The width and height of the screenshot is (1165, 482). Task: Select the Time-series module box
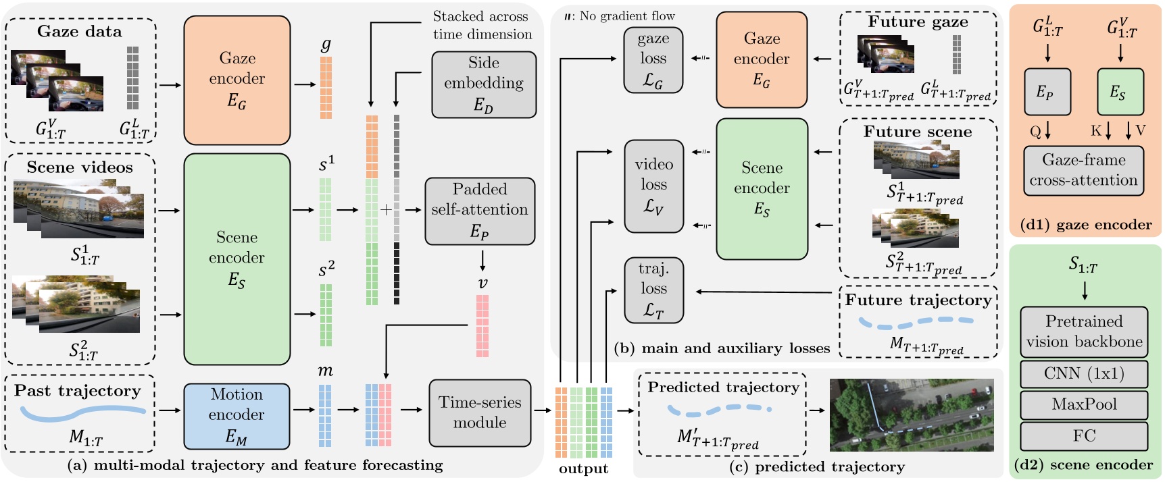tap(480, 412)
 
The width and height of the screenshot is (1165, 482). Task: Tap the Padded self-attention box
tap(480, 211)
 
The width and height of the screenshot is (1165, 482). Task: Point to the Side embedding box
tap(484, 84)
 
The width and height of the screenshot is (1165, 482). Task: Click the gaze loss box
tap(653, 59)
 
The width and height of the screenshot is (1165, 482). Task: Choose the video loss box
tap(653, 186)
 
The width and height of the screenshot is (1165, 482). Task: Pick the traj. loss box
tap(653, 290)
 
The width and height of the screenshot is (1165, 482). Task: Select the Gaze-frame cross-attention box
tap(1083, 171)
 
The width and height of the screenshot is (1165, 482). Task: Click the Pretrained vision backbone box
tap(1084, 331)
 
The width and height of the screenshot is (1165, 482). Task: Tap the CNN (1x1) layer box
tap(1084, 373)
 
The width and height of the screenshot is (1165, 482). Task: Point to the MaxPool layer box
tap(1084, 404)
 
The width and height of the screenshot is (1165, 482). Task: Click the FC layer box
tap(1084, 436)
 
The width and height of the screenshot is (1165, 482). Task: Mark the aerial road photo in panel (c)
tap(912, 414)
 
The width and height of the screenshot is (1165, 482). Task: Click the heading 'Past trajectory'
tap(78, 391)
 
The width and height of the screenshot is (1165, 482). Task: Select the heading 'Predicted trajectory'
tap(723, 387)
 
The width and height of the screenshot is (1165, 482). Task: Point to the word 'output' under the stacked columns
tap(583, 468)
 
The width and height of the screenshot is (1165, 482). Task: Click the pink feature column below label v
tap(482, 325)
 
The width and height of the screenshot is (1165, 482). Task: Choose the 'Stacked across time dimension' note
tap(482, 25)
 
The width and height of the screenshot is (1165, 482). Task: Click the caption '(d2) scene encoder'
tap(1083, 465)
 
